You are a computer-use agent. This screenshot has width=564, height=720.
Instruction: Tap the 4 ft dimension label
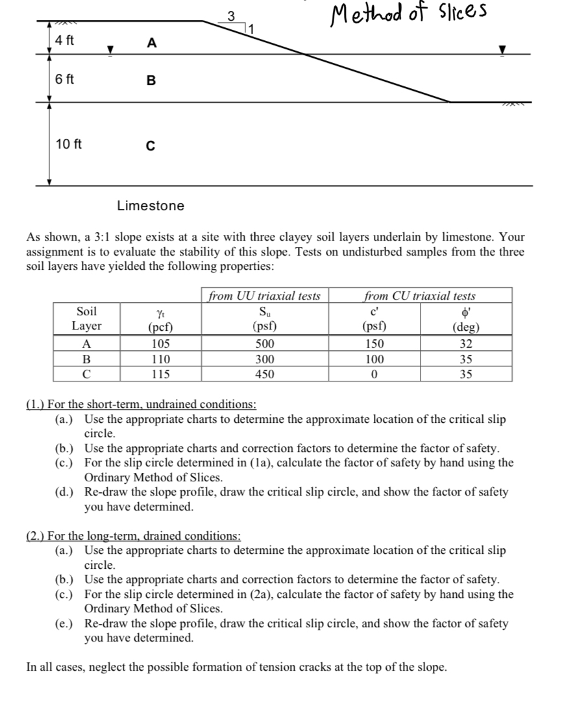[64, 40]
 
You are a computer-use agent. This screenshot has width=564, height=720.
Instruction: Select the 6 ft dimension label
[64, 80]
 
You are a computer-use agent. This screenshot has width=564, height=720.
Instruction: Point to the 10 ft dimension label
[68, 143]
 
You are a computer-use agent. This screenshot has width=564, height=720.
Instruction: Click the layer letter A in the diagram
[151, 43]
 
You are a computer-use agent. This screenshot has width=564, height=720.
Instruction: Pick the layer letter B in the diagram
[151, 81]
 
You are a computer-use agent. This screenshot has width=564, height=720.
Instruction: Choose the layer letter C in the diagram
[151, 146]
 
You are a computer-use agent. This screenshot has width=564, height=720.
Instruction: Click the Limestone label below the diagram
[151, 206]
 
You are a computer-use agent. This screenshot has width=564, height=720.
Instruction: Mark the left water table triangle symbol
[110, 49]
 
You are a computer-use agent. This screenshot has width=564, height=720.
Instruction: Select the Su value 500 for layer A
[265, 344]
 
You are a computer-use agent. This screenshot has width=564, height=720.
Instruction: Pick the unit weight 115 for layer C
[160, 374]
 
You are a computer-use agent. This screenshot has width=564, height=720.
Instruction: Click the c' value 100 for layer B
[374, 359]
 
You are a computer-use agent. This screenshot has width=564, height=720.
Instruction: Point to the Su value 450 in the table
[265, 374]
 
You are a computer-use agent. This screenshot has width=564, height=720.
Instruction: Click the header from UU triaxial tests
[264, 296]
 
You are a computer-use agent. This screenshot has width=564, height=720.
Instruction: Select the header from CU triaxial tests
[420, 296]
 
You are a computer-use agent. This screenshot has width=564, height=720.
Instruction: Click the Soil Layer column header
[86, 318]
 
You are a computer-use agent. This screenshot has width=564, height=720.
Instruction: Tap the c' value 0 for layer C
[374, 374]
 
